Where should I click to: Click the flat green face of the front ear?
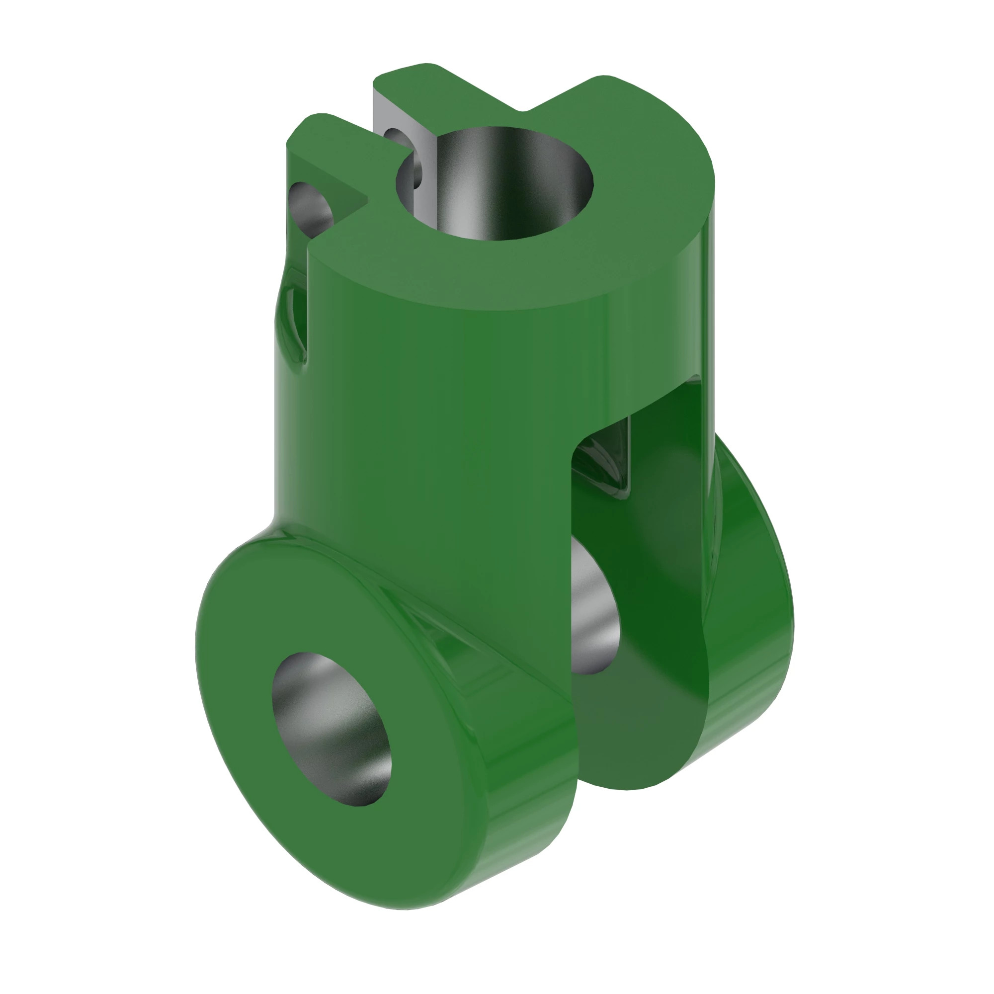point(247,669)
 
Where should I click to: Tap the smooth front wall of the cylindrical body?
point(437,412)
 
